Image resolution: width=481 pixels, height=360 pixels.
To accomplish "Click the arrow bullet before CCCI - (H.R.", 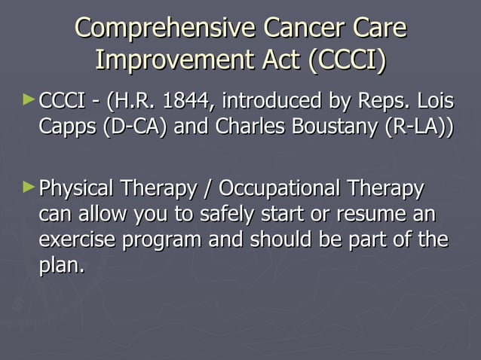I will (x=29, y=98).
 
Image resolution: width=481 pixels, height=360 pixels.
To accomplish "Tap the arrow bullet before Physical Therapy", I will (x=29, y=185).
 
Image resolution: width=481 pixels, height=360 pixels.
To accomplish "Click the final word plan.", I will (x=60, y=267).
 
